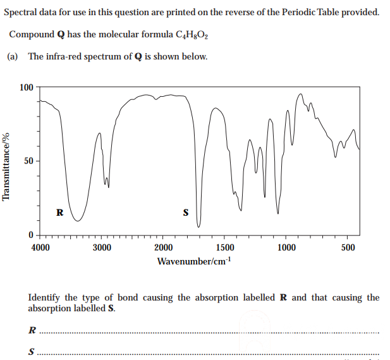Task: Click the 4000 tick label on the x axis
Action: (x=40, y=247)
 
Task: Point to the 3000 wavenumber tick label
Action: (x=102, y=247)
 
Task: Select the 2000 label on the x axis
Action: (x=164, y=247)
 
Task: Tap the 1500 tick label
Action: (x=225, y=247)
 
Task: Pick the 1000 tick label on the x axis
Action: (x=286, y=247)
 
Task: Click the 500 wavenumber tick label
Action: (x=348, y=247)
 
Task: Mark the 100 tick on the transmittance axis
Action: (x=27, y=87)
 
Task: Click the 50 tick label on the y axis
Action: (x=29, y=161)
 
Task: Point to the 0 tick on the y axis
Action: (x=31, y=235)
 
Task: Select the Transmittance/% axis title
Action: (x=7, y=166)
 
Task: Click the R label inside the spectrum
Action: (x=59, y=213)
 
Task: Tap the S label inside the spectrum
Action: (x=185, y=213)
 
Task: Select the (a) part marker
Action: (x=13, y=56)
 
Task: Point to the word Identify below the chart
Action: (x=44, y=297)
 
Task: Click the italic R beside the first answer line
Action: (x=32, y=330)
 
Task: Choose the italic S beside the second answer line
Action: (x=32, y=352)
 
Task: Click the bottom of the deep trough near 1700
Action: (x=198, y=225)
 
